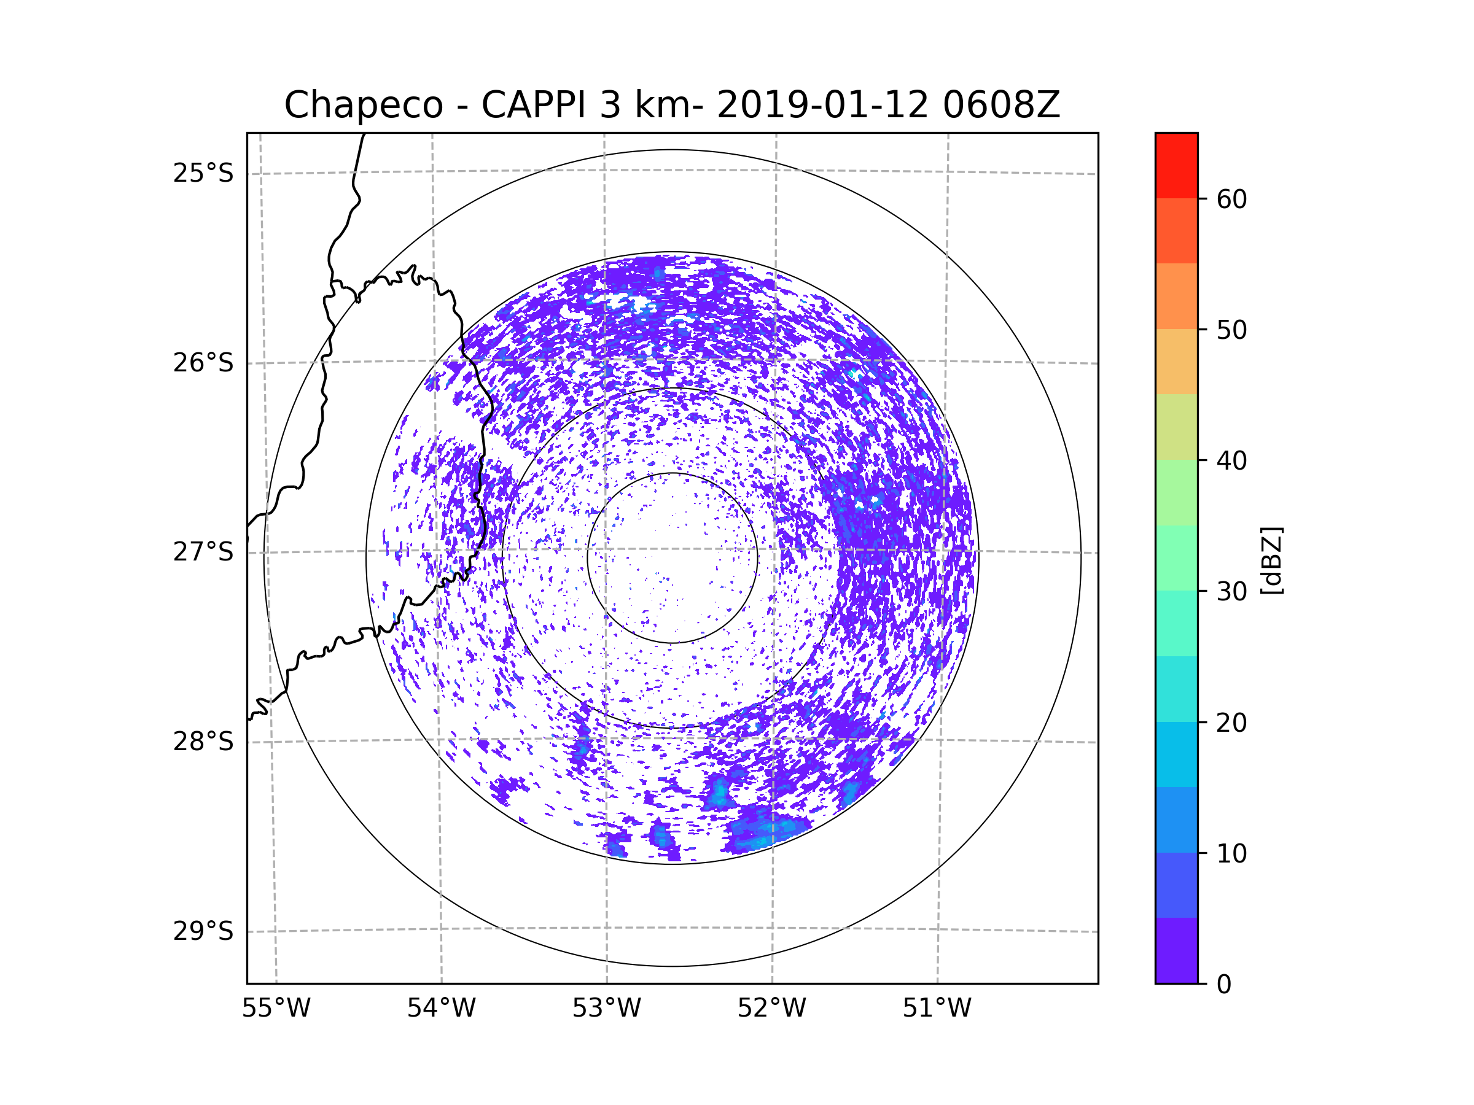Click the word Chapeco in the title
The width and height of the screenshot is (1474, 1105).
(x=363, y=105)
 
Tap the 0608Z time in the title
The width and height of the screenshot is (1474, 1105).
(x=1000, y=105)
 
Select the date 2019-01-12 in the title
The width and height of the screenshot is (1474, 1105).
(x=822, y=105)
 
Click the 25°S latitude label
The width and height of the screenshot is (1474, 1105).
(x=203, y=173)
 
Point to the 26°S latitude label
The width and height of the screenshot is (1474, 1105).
(x=203, y=363)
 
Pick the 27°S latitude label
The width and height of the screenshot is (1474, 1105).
(x=203, y=552)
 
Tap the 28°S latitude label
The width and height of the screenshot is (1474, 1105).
(x=203, y=742)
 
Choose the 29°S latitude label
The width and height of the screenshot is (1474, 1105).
(x=203, y=931)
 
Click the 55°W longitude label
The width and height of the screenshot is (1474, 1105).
(x=276, y=1009)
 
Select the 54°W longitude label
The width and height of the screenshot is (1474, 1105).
(x=441, y=1009)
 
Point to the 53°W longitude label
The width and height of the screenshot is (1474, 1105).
(x=606, y=1009)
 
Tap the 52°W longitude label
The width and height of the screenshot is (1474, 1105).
(x=771, y=1009)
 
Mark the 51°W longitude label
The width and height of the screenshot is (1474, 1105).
(x=937, y=1009)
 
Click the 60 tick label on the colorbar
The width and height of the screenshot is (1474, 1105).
(x=1231, y=199)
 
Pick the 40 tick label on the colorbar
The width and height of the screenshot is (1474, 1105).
(x=1231, y=460)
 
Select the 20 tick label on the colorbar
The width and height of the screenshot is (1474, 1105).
(x=1231, y=723)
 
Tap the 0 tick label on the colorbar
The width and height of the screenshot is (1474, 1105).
(x=1224, y=985)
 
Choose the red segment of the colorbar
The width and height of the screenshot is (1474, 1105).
(x=1176, y=165)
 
